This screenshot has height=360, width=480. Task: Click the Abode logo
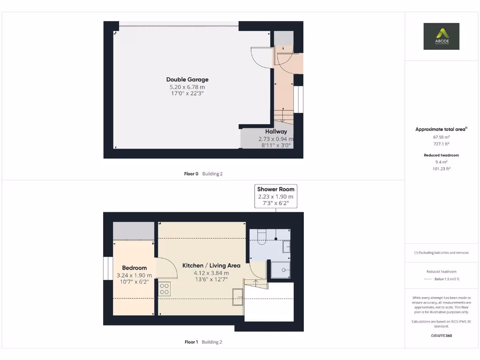pyautogui.click(x=441, y=36)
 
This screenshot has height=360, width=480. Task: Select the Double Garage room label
pyautogui.click(x=187, y=80)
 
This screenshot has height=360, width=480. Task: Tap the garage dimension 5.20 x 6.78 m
pyautogui.click(x=187, y=87)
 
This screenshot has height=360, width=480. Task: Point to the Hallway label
pyautogui.click(x=276, y=132)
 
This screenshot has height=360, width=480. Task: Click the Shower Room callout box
pyautogui.click(x=276, y=196)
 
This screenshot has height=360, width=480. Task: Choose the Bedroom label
pyautogui.click(x=134, y=268)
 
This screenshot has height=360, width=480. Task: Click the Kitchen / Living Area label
pyautogui.click(x=211, y=266)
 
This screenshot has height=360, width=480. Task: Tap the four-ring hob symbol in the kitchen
pyautogui.click(x=164, y=289)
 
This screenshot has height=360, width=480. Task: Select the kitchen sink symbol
pyautogui.click(x=238, y=297)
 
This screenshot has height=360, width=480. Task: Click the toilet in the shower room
pyautogui.click(x=262, y=236)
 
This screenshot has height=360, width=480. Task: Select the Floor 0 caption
pyautogui.click(x=191, y=174)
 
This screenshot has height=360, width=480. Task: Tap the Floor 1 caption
pyautogui.click(x=191, y=342)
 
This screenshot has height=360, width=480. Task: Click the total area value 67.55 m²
pyautogui.click(x=441, y=137)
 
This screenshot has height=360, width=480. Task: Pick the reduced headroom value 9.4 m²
pyautogui.click(x=441, y=162)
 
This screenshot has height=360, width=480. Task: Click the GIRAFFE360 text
pyautogui.click(x=441, y=336)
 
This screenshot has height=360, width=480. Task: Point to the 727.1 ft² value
pyautogui.click(x=441, y=144)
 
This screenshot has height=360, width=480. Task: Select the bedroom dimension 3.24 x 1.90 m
pyautogui.click(x=134, y=275)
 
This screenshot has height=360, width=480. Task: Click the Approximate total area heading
pyautogui.click(x=441, y=129)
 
